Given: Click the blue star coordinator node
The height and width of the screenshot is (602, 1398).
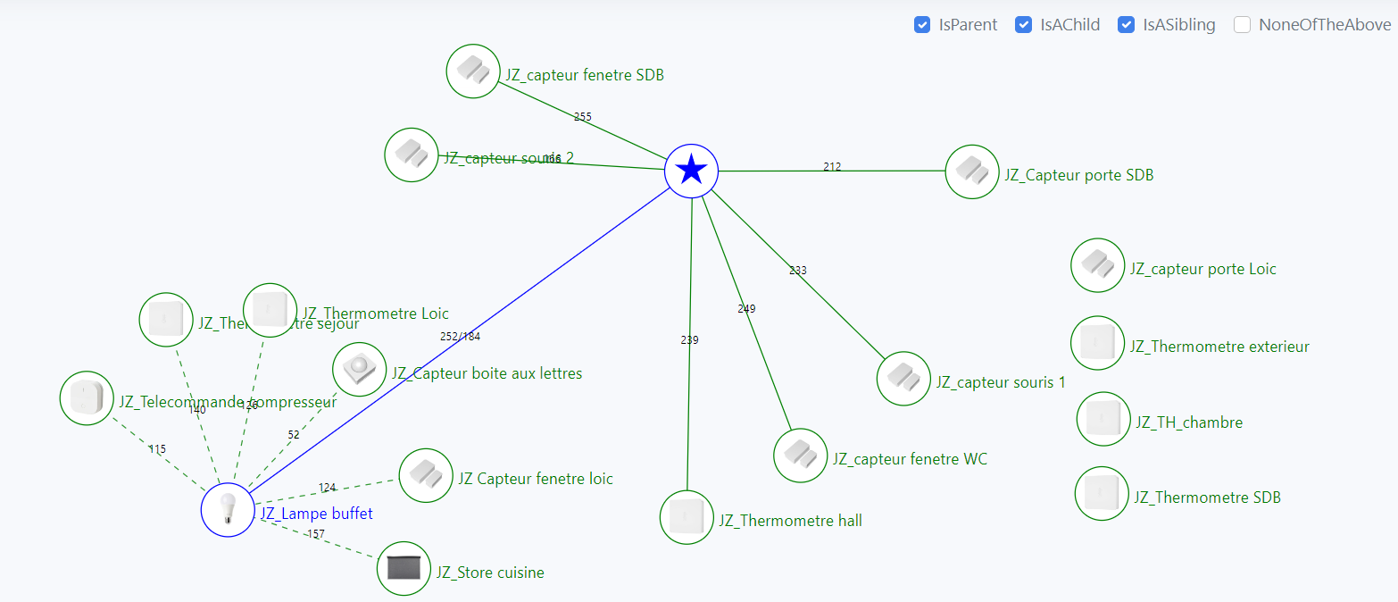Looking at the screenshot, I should click(692, 170).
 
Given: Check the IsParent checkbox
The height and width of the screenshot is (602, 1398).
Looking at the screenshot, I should click(922, 25).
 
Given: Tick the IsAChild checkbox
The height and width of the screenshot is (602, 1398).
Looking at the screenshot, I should click(1024, 25).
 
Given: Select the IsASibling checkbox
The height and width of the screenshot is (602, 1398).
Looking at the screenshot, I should click(1127, 25).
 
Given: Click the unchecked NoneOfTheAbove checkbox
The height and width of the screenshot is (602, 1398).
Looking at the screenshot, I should click(1242, 25).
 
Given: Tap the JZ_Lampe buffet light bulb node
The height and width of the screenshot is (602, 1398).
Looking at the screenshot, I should click(229, 510).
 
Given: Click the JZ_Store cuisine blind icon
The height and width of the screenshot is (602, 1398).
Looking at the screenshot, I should click(404, 568).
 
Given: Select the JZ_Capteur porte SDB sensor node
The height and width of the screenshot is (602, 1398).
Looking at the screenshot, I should click(972, 171).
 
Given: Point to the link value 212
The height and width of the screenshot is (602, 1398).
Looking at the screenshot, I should click(832, 167).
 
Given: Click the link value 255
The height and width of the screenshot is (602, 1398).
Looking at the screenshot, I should click(583, 117).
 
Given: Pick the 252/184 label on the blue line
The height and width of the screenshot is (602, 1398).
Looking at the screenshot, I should click(460, 337).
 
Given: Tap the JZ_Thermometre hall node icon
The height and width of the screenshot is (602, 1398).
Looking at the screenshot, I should click(687, 517).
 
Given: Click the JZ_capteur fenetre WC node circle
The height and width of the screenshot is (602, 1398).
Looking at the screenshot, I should click(801, 456).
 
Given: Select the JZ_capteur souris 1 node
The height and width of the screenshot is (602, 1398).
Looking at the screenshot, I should click(903, 379).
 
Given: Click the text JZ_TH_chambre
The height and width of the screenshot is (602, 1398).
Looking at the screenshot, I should click(1188, 422).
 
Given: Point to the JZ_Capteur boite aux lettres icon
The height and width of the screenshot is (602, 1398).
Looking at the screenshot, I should click(359, 369).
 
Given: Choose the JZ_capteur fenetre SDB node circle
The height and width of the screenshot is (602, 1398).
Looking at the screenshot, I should click(473, 71).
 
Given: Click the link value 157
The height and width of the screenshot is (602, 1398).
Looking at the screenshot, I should click(316, 534).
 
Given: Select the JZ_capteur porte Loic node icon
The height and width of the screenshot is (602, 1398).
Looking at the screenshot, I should click(1097, 265).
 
